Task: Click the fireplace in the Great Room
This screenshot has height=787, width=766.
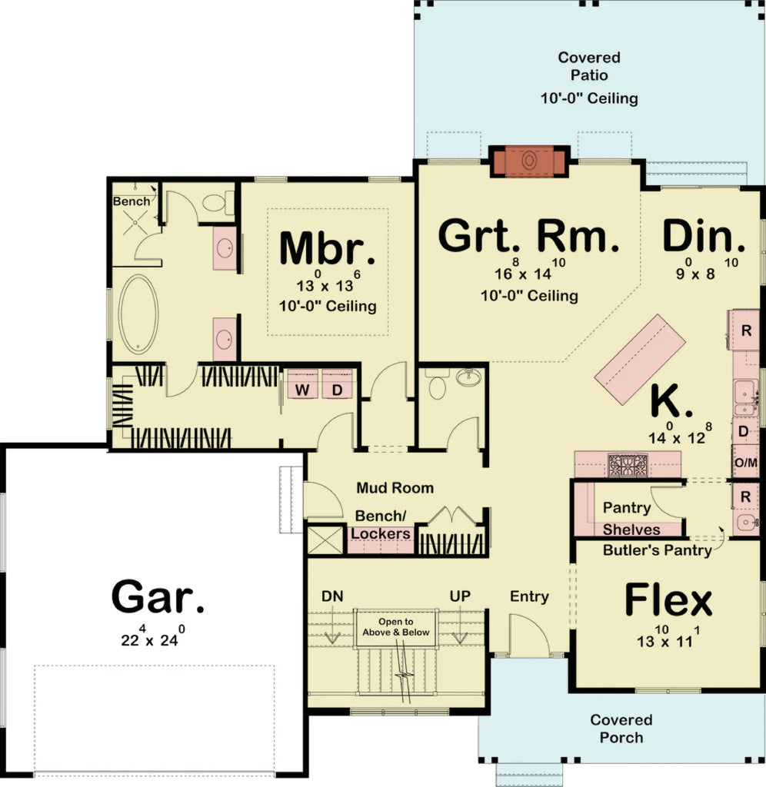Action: pyautogui.click(x=529, y=161)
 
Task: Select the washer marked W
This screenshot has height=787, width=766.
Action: pyautogui.click(x=303, y=390)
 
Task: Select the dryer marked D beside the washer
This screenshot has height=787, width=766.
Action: pyautogui.click(x=336, y=390)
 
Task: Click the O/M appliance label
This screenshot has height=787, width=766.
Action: pyautogui.click(x=746, y=463)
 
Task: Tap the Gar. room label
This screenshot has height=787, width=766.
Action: pyautogui.click(x=158, y=596)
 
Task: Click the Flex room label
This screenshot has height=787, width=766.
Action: pyautogui.click(x=668, y=601)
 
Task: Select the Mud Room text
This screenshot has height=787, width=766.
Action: pyautogui.click(x=395, y=488)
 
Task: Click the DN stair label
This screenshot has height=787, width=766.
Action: pyautogui.click(x=332, y=596)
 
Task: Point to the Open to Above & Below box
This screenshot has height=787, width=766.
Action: pyautogui.click(x=395, y=627)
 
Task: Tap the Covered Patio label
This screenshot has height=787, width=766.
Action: pyautogui.click(x=588, y=67)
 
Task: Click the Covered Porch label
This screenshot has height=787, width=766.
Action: pyautogui.click(x=621, y=729)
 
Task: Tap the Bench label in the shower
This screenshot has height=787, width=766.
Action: pyautogui.click(x=132, y=201)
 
